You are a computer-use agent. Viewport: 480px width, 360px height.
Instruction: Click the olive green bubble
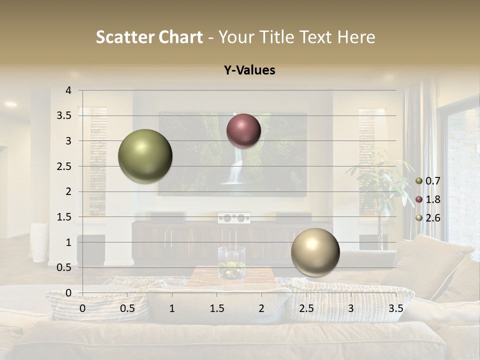coord(145,156)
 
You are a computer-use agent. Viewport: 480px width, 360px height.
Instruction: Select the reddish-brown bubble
coord(243,130)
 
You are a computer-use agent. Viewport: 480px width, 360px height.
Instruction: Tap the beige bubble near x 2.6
coord(315,252)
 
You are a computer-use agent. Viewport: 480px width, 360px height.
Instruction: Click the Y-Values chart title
coord(249,70)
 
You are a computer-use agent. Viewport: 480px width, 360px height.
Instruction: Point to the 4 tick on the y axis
coord(68,90)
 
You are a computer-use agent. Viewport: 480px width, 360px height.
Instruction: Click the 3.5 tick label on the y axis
coord(64,115)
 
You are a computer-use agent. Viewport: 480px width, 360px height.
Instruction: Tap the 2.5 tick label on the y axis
coord(64,166)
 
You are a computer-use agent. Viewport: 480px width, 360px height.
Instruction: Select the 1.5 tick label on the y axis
coord(64,217)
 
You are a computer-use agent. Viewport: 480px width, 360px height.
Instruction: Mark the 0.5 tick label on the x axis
coord(127,308)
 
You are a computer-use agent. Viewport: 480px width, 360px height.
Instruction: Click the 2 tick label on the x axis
coord(261,308)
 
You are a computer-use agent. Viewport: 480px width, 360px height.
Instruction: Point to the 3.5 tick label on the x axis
coord(395,308)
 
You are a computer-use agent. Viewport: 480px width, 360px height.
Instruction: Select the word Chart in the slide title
coord(181,37)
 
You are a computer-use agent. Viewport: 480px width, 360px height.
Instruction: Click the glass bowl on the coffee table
coord(231,262)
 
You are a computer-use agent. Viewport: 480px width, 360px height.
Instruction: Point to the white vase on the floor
coord(39,242)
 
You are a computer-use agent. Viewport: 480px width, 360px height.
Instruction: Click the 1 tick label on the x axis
coord(172,308)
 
